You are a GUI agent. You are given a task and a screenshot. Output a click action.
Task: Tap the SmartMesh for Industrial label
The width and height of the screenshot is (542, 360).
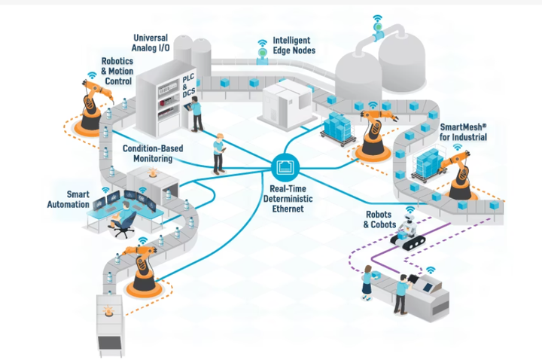(x=464, y=132)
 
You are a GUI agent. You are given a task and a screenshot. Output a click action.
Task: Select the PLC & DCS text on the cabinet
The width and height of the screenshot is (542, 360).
(x=184, y=87)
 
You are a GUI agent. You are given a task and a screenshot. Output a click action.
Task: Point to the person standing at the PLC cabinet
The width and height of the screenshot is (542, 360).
(x=197, y=111)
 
